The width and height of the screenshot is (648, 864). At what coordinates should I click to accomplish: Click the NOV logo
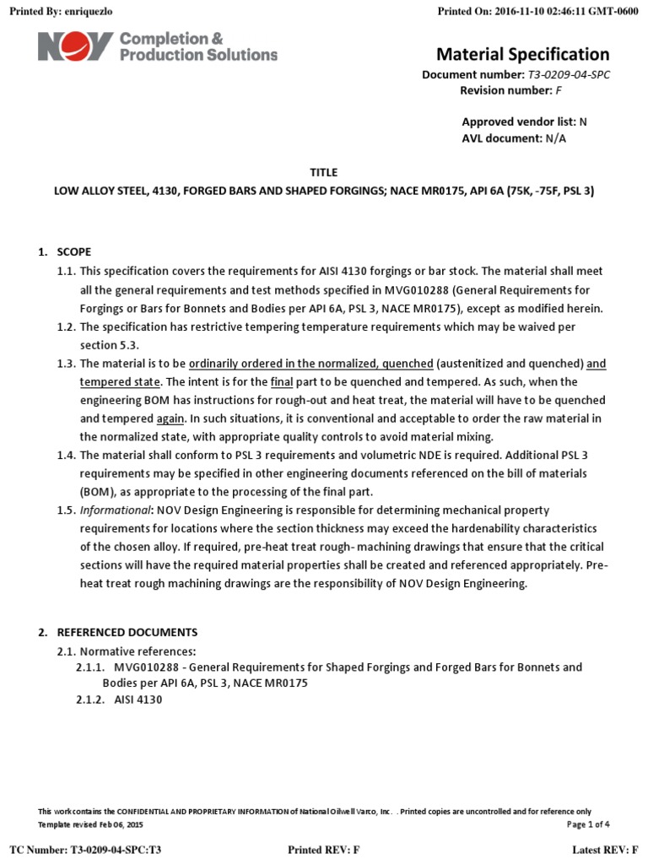pyautogui.click(x=74, y=46)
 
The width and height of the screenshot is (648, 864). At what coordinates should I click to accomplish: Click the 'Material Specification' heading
pyautogui.click(x=522, y=55)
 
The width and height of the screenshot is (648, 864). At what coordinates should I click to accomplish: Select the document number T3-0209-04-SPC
pyautogui.click(x=570, y=75)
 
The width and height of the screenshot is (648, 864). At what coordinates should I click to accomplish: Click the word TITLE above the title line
pyautogui.click(x=324, y=172)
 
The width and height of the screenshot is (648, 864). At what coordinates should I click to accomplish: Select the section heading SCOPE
pyautogui.click(x=73, y=252)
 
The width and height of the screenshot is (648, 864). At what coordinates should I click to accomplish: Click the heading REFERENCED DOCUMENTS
pyautogui.click(x=127, y=632)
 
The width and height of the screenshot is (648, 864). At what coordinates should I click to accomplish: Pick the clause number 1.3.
pyautogui.click(x=67, y=364)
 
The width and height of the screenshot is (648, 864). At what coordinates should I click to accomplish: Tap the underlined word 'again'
pyautogui.click(x=171, y=418)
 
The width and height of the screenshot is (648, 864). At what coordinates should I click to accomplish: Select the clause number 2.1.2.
pyautogui.click(x=90, y=700)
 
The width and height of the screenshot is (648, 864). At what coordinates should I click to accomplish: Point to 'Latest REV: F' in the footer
pyautogui.click(x=605, y=849)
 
